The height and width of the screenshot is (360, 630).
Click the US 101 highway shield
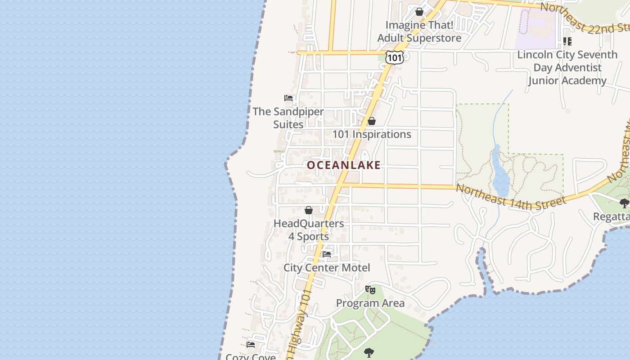(395, 57)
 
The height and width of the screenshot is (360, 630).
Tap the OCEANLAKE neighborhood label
(344, 165)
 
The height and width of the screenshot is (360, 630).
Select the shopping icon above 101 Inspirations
(372, 121)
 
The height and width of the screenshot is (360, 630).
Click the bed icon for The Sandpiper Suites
(288, 98)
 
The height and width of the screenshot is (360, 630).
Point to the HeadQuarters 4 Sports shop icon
(309, 210)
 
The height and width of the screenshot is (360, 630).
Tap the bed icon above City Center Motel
(327, 254)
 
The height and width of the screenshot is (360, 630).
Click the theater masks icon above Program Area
(370, 290)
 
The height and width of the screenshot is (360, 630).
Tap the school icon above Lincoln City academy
(567, 41)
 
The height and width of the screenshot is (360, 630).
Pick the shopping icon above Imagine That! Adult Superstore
(419, 12)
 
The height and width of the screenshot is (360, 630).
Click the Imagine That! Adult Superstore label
(419, 31)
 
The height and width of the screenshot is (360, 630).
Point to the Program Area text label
(370, 303)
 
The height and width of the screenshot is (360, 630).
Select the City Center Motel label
(327, 268)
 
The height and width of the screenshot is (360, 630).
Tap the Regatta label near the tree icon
(612, 216)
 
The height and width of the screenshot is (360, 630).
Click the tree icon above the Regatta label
(624, 203)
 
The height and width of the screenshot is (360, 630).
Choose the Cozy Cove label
(251, 356)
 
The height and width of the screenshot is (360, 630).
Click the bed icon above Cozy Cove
(251, 345)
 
